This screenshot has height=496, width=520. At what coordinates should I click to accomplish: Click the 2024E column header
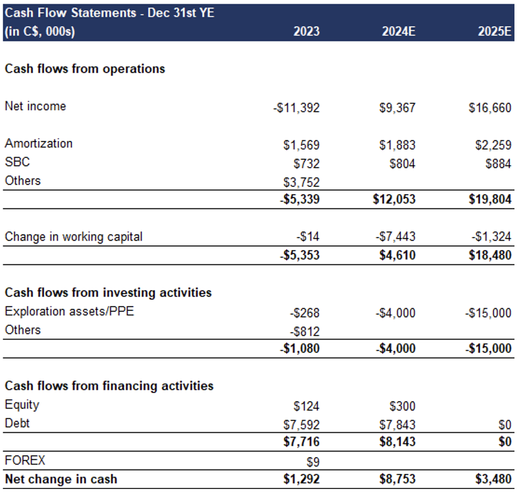point(398,31)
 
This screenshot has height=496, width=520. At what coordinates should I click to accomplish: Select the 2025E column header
point(494,31)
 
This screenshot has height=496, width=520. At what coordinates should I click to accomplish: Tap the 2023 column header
point(306,31)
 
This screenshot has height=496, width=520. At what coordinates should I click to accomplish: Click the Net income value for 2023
point(296,108)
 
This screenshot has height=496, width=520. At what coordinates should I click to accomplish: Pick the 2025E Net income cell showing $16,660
point(490,108)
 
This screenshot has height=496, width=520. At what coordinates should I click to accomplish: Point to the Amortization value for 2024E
point(397,145)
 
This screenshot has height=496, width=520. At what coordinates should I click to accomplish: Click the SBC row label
point(17,162)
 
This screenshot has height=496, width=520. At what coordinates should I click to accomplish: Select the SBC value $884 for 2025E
point(498,163)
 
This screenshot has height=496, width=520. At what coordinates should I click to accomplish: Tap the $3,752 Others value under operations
point(301,182)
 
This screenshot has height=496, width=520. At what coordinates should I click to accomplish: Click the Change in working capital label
point(74,236)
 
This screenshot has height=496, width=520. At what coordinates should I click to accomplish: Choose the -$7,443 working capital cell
point(396,236)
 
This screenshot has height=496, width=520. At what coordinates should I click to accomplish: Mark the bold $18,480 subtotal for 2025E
point(490,255)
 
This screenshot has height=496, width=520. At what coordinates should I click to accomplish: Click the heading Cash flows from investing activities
point(108,293)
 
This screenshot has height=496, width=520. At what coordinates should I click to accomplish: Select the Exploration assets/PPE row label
point(70,311)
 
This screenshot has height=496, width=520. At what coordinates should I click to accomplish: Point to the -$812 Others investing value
point(304,332)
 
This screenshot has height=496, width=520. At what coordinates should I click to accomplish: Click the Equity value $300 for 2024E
point(402,406)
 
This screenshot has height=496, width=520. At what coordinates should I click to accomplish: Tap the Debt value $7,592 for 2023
point(301,424)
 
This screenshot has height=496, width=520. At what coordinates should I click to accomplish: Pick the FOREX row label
point(25,461)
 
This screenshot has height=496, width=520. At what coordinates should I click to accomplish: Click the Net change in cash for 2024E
point(397,479)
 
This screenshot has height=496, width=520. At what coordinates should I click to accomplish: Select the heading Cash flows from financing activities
point(109,386)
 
